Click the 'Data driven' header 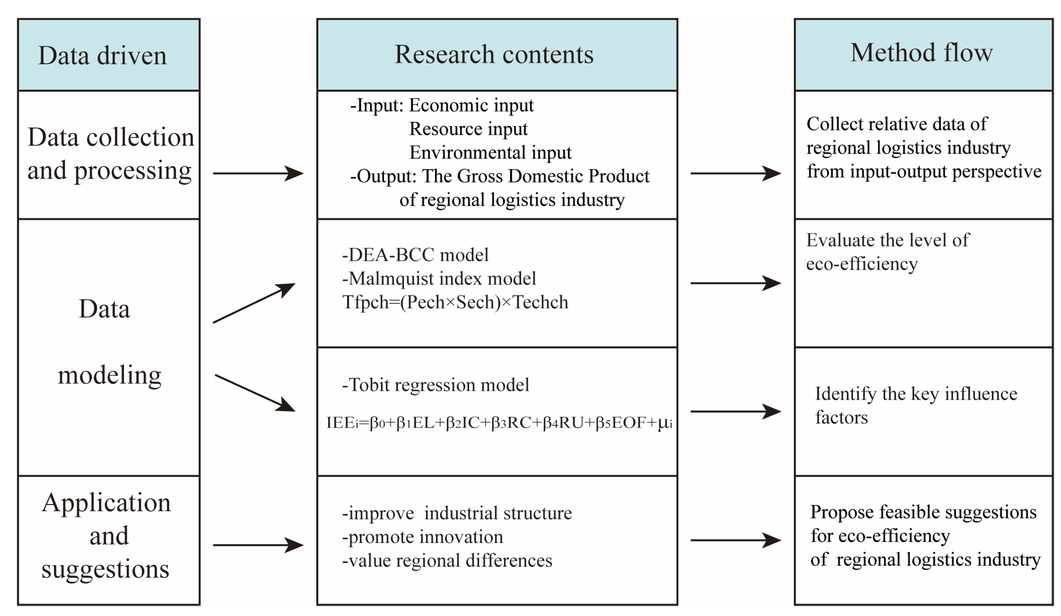click(102, 55)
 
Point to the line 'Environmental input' click(490, 153)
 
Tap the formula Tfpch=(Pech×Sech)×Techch click(455, 302)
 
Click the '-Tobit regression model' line click(435, 385)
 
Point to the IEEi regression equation click(499, 423)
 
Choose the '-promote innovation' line click(422, 537)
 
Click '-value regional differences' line click(447, 561)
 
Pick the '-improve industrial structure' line click(457, 513)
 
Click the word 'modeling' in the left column click(109, 375)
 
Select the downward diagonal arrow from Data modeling click(255, 393)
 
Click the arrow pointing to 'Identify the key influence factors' click(735, 411)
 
